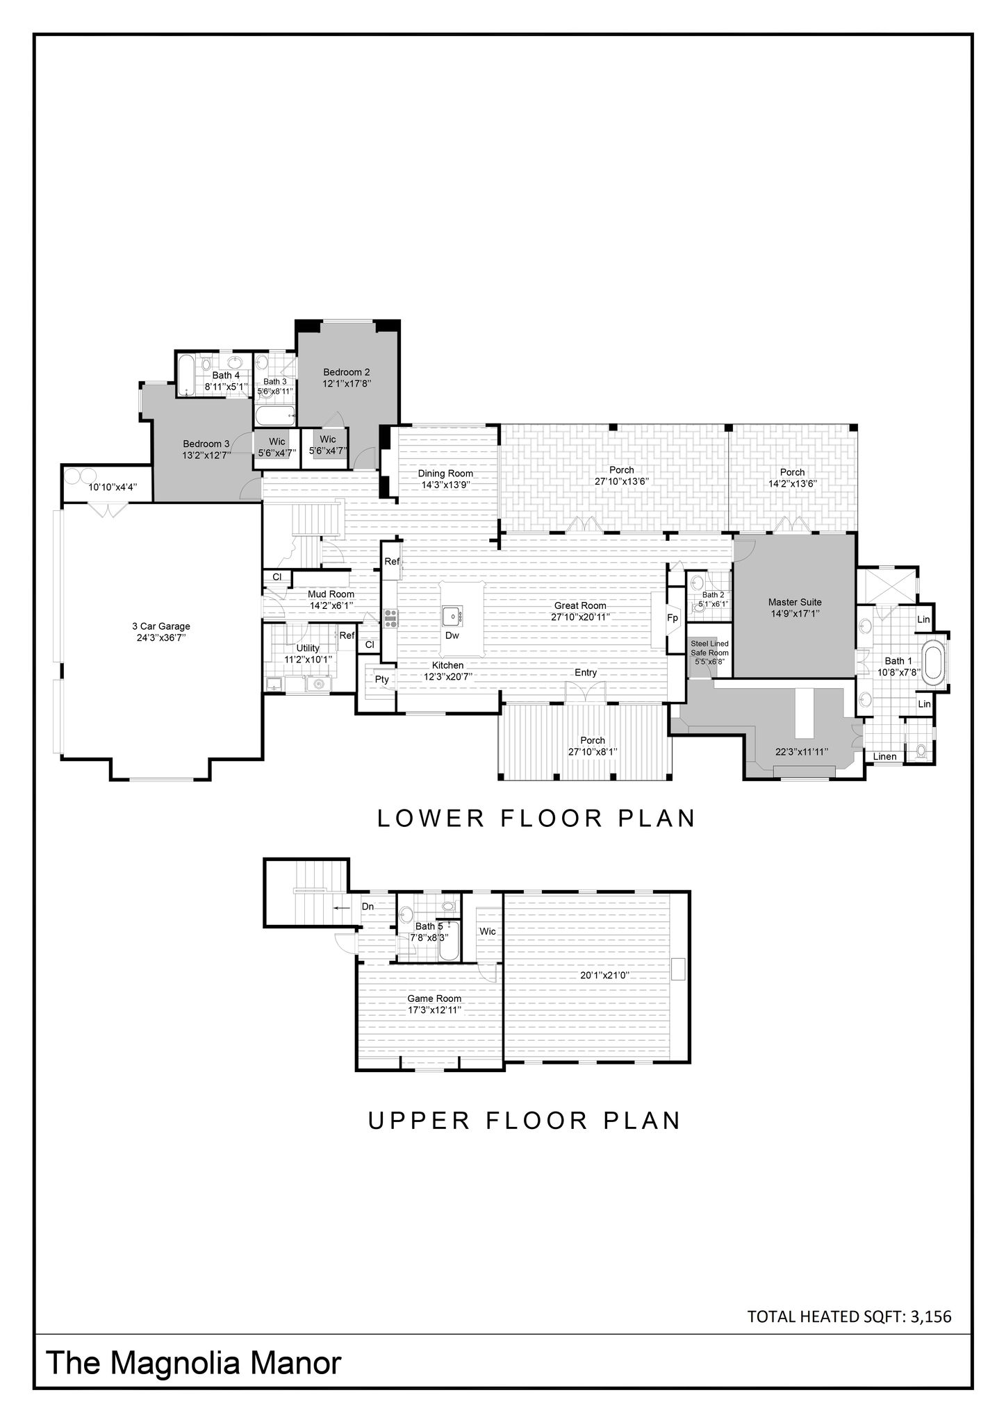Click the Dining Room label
(445, 474)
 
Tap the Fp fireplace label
(673, 617)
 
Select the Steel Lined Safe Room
(709, 653)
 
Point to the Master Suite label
(795, 602)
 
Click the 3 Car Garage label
(161, 626)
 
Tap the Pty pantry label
(382, 680)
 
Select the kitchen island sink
(452, 614)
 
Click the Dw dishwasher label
(452, 635)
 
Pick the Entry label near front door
(586, 673)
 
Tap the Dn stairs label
(368, 906)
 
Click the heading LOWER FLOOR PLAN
(536, 819)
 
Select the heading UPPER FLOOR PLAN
(525, 1121)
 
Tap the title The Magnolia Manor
(194, 1363)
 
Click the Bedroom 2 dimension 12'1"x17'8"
(346, 383)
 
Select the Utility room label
(308, 649)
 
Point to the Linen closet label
(884, 757)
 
